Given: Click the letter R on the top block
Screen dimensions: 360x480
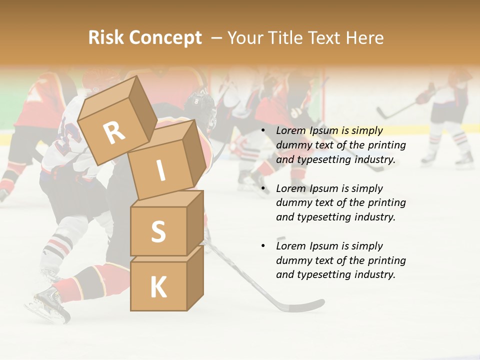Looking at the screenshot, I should pos(114,133).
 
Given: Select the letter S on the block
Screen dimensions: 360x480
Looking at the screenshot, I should pos(158,231).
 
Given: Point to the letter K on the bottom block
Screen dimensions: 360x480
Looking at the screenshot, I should pos(158,287).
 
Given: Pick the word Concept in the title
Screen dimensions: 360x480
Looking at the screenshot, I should pos(166,38).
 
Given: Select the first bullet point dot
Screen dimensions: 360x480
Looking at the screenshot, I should pos(263,131).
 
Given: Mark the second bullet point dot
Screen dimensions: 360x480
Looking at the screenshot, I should pos(263,189).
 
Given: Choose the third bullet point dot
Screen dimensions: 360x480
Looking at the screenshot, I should pos(263,246).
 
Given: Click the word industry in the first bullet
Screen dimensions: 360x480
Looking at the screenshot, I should pos(375,160).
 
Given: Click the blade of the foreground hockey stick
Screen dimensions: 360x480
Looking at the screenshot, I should pos(305,305).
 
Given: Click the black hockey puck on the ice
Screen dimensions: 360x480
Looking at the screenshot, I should pos(281,238).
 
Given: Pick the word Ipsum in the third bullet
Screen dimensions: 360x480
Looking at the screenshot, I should pos(324,246).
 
